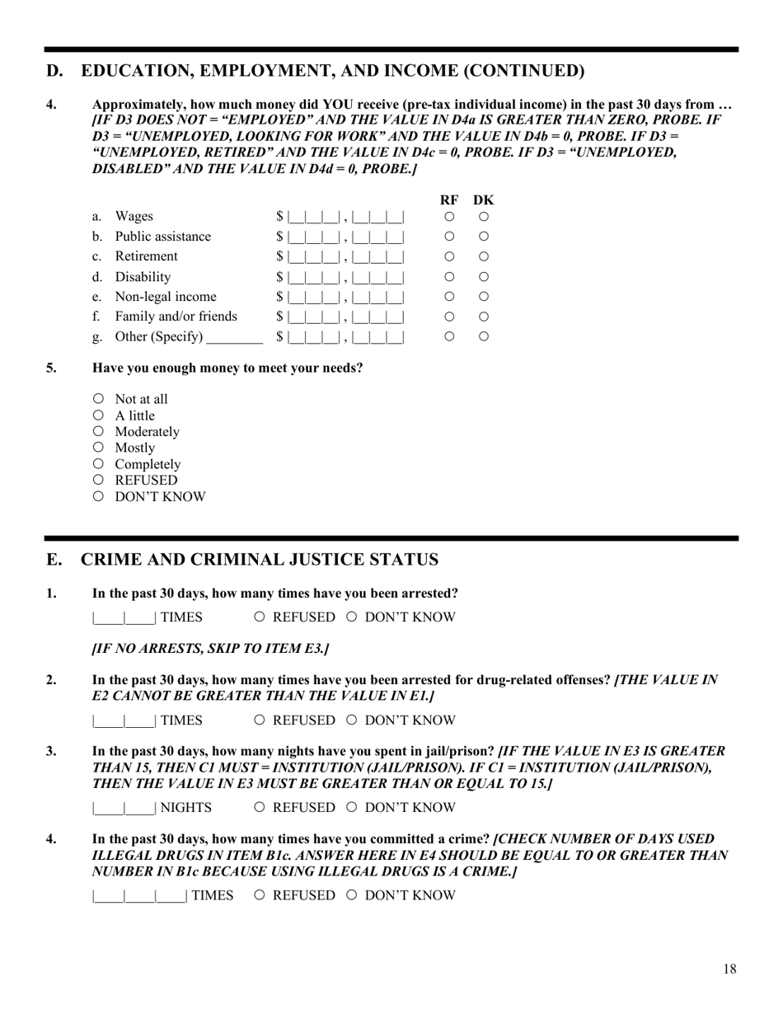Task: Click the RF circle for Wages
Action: [x=450, y=217]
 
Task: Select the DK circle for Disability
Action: [x=484, y=277]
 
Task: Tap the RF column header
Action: [x=449, y=200]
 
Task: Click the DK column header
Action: [x=484, y=200]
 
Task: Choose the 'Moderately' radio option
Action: [x=99, y=431]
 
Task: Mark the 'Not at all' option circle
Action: [x=99, y=399]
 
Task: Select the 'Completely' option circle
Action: [x=99, y=463]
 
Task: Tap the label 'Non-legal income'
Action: [x=166, y=297]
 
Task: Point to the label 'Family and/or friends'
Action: [x=176, y=317]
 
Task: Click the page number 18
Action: [x=729, y=969]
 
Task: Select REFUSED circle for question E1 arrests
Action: [x=260, y=617]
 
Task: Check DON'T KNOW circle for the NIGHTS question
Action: [x=352, y=807]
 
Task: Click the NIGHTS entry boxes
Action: [x=124, y=808]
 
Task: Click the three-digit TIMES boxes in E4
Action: [x=139, y=896]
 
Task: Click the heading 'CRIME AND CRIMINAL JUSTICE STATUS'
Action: [x=260, y=560]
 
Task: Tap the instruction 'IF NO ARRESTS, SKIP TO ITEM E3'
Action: [x=210, y=649]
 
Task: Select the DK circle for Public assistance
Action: [x=484, y=237]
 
